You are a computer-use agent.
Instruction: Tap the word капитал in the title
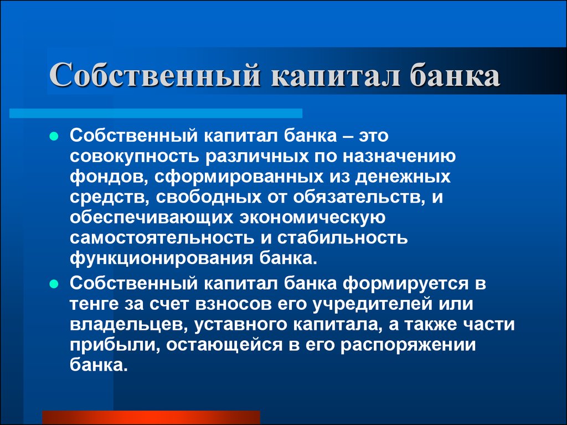[x=335, y=75]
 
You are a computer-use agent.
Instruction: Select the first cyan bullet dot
[x=54, y=137]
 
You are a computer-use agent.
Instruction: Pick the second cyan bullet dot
[x=54, y=284]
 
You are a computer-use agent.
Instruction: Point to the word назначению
[x=399, y=157]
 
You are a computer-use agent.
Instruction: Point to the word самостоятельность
[x=162, y=239]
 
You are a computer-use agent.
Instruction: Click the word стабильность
[x=343, y=239]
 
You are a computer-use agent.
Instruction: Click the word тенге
[x=94, y=304]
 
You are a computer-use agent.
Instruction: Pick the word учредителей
[x=373, y=304]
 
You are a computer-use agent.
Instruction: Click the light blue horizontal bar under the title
[x=156, y=113]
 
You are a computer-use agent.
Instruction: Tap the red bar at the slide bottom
[x=151, y=417]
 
